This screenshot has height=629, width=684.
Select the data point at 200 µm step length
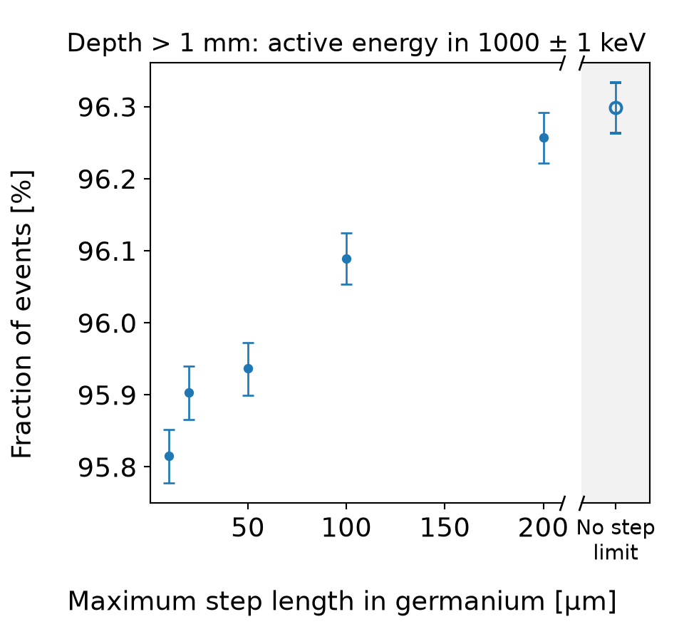click(x=544, y=138)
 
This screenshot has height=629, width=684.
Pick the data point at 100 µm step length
click(x=346, y=259)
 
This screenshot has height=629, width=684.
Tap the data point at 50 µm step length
click(x=248, y=368)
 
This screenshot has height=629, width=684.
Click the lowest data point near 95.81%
click(x=170, y=457)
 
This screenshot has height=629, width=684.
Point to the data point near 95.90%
click(x=189, y=393)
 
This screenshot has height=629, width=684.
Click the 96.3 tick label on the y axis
click(x=107, y=108)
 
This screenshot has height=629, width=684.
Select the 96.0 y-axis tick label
click(x=107, y=323)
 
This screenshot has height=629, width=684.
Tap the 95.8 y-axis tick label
click(x=107, y=467)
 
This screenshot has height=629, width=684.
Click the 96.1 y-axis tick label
click(x=107, y=251)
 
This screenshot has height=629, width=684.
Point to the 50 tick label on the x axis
click(x=248, y=528)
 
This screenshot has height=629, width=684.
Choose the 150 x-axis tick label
click(x=445, y=528)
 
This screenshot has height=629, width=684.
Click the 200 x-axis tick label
click(x=543, y=528)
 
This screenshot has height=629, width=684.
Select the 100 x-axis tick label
click(x=346, y=528)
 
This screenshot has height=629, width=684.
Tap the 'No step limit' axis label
click(x=616, y=540)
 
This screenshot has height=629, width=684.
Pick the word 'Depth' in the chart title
click(x=105, y=44)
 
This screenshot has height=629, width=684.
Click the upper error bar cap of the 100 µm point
click(x=346, y=234)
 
